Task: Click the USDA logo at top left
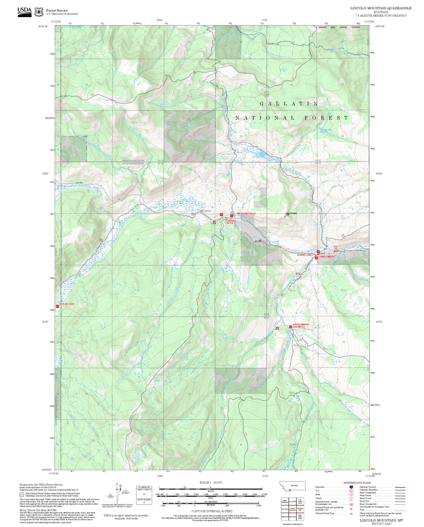point(24,12)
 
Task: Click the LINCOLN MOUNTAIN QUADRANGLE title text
point(381,8)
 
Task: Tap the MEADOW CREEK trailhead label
point(246,214)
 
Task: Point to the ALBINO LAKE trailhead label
point(304,255)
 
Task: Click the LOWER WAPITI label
point(327,257)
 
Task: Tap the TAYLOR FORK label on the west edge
point(67,304)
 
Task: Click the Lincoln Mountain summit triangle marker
point(285,216)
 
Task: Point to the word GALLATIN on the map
point(289,104)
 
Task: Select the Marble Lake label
point(326,130)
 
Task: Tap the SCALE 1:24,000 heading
point(211,482)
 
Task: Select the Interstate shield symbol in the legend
point(351,487)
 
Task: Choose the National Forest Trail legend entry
point(325,513)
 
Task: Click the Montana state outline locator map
point(292,486)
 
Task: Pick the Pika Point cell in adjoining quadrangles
point(292,517)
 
